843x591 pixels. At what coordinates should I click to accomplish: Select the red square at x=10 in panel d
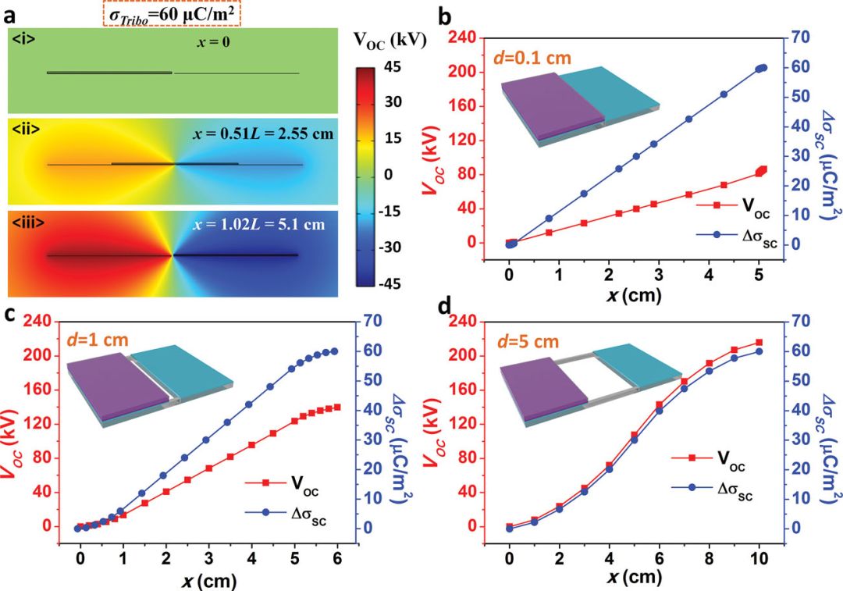pyautogui.click(x=758, y=343)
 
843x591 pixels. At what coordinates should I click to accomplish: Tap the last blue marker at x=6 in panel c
pyautogui.click(x=336, y=351)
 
